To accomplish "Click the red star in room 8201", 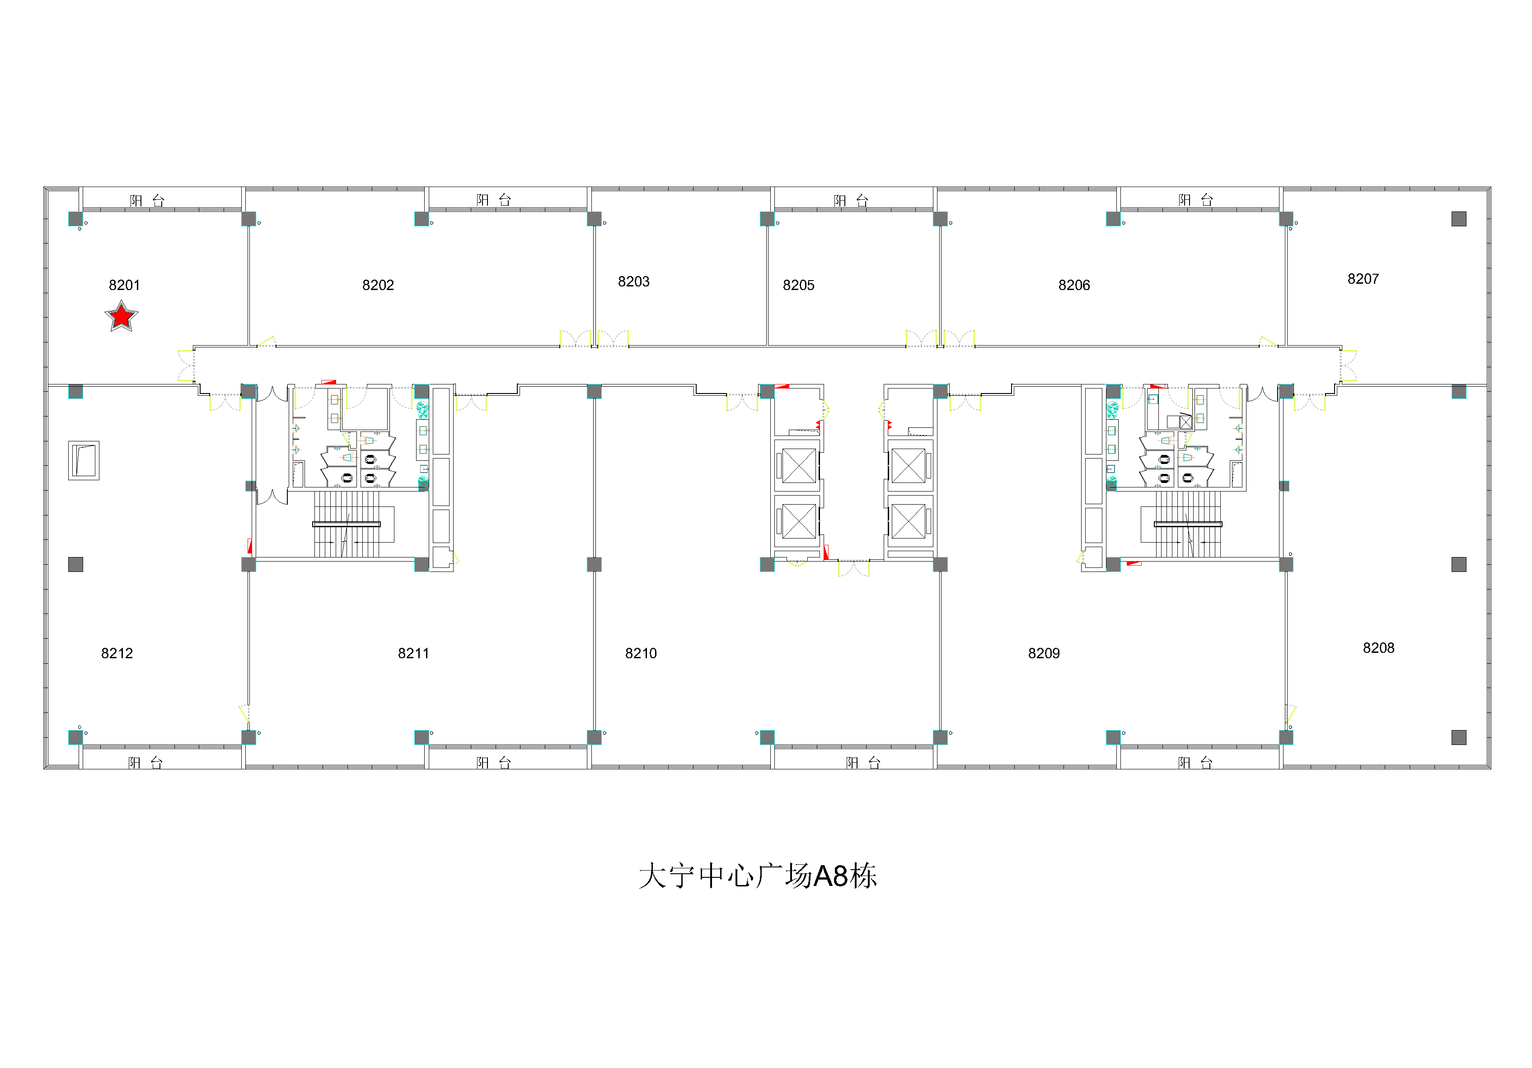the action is (122, 316).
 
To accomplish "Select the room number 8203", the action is (633, 281).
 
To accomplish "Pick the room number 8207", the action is (1363, 279).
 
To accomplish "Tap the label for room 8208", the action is (1378, 648).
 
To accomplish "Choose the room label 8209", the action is (1044, 653).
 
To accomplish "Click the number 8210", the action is (641, 653).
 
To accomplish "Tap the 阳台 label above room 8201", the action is (147, 200).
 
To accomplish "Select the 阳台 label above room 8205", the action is (851, 200).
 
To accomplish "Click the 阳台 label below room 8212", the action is (145, 763).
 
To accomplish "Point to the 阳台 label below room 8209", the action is (1195, 763).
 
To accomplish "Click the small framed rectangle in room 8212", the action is (84, 460).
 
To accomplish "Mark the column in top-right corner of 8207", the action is (1459, 219).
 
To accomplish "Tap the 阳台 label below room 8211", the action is (494, 763).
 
